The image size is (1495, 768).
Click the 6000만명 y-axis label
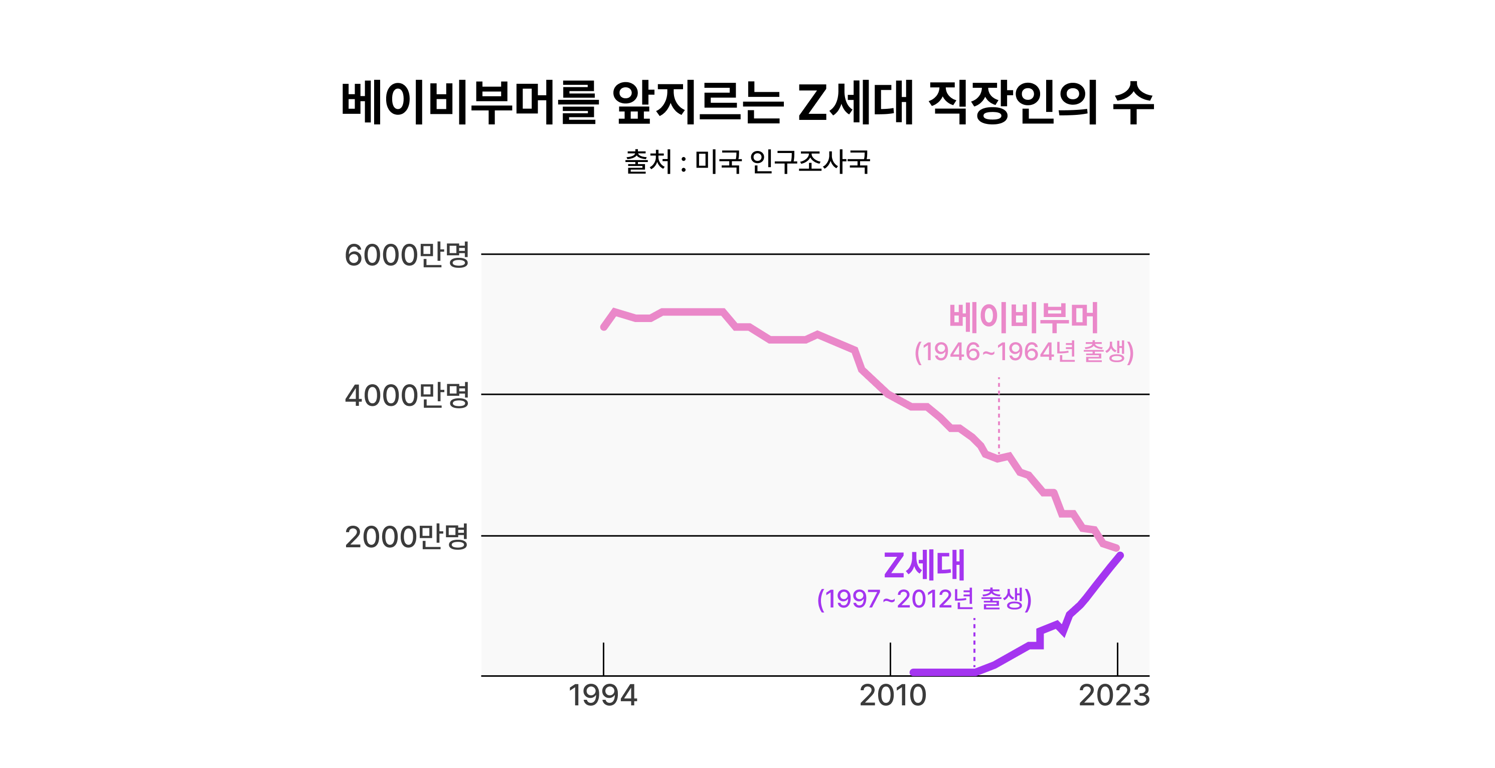[406, 255]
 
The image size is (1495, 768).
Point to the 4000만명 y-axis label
[406, 395]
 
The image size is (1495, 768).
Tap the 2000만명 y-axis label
[406, 536]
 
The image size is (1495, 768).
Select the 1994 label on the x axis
[602, 695]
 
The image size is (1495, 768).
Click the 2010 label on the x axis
[893, 695]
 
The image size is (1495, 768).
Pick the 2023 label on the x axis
[1114, 695]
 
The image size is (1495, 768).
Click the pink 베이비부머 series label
[1024, 318]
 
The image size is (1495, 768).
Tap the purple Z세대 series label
[924, 565]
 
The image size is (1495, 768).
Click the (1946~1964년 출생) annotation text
[1024, 352]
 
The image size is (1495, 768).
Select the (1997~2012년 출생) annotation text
[924, 599]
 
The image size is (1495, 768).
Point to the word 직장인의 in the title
[1013, 103]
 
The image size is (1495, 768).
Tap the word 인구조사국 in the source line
[809, 162]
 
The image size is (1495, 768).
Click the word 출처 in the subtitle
[647, 162]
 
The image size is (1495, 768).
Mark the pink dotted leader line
[999, 415]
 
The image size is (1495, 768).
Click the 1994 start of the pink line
[604, 327]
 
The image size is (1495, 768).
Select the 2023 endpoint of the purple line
[1120, 555]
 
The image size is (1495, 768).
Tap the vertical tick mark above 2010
[890, 659]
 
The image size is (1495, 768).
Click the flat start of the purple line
[940, 672]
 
